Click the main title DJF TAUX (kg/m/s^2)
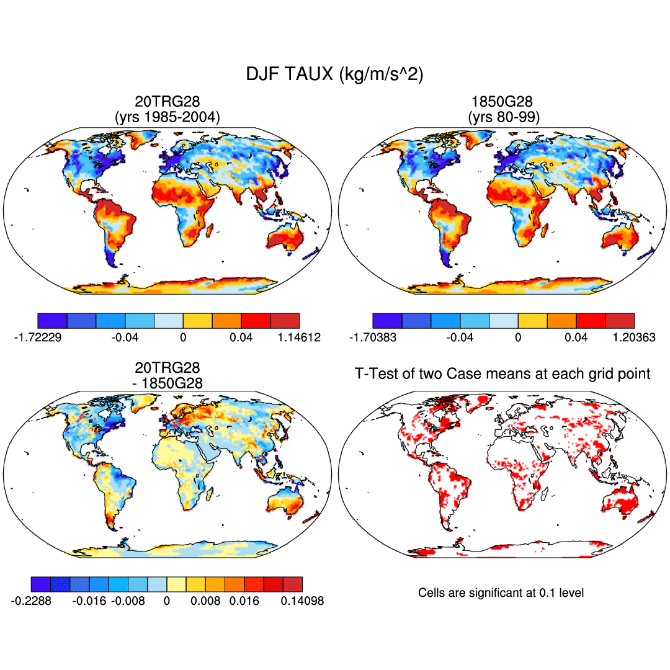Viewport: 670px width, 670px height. point(335,74)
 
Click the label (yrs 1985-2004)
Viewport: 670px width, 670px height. point(167,116)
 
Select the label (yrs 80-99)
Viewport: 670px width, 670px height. point(503,116)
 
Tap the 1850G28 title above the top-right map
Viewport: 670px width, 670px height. point(503,101)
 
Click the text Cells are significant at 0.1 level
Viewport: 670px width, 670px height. point(501,593)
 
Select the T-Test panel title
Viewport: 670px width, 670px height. point(502,373)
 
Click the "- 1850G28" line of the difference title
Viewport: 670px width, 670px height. point(167,383)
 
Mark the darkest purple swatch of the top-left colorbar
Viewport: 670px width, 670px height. point(52,321)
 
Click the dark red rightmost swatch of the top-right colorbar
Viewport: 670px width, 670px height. point(620,321)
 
